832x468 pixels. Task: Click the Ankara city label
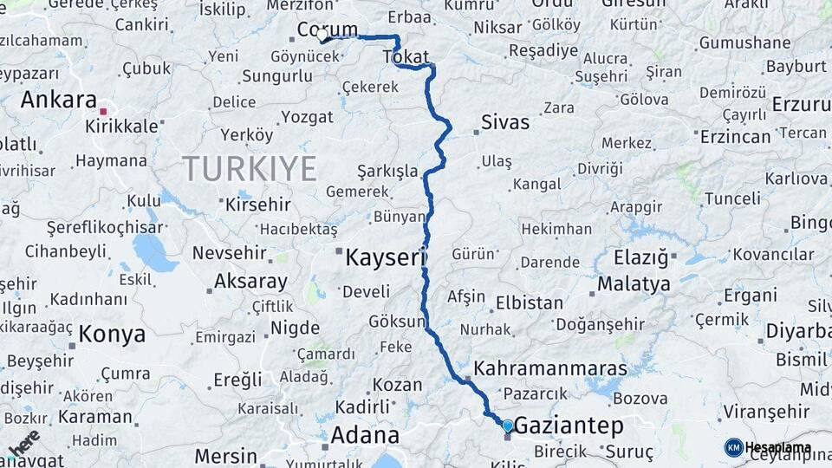[x=57, y=100]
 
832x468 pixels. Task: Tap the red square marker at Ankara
[x=103, y=111]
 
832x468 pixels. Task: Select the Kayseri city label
[x=387, y=257]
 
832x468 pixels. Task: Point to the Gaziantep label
[x=569, y=426]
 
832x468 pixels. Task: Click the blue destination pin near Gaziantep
[x=507, y=426]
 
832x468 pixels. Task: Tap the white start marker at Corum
[x=322, y=36]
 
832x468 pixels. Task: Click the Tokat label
[x=405, y=57]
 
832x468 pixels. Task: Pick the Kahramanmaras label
[x=550, y=367]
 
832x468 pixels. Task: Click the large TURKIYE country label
[x=249, y=168]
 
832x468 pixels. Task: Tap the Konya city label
[x=112, y=334]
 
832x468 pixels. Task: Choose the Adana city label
[x=366, y=435]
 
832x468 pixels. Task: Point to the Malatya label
[x=634, y=283]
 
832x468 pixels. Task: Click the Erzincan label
[x=735, y=137]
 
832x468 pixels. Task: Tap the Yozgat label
[x=307, y=117]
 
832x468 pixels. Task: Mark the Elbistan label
[x=530, y=304]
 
